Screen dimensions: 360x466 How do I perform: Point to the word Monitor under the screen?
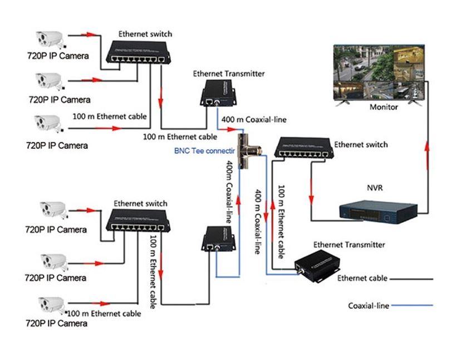pos(384,107)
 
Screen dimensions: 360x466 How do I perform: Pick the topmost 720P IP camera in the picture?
pos(49,39)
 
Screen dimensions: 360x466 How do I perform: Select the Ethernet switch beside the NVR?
pos(301,149)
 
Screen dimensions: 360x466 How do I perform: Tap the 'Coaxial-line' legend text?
pos(368,305)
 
